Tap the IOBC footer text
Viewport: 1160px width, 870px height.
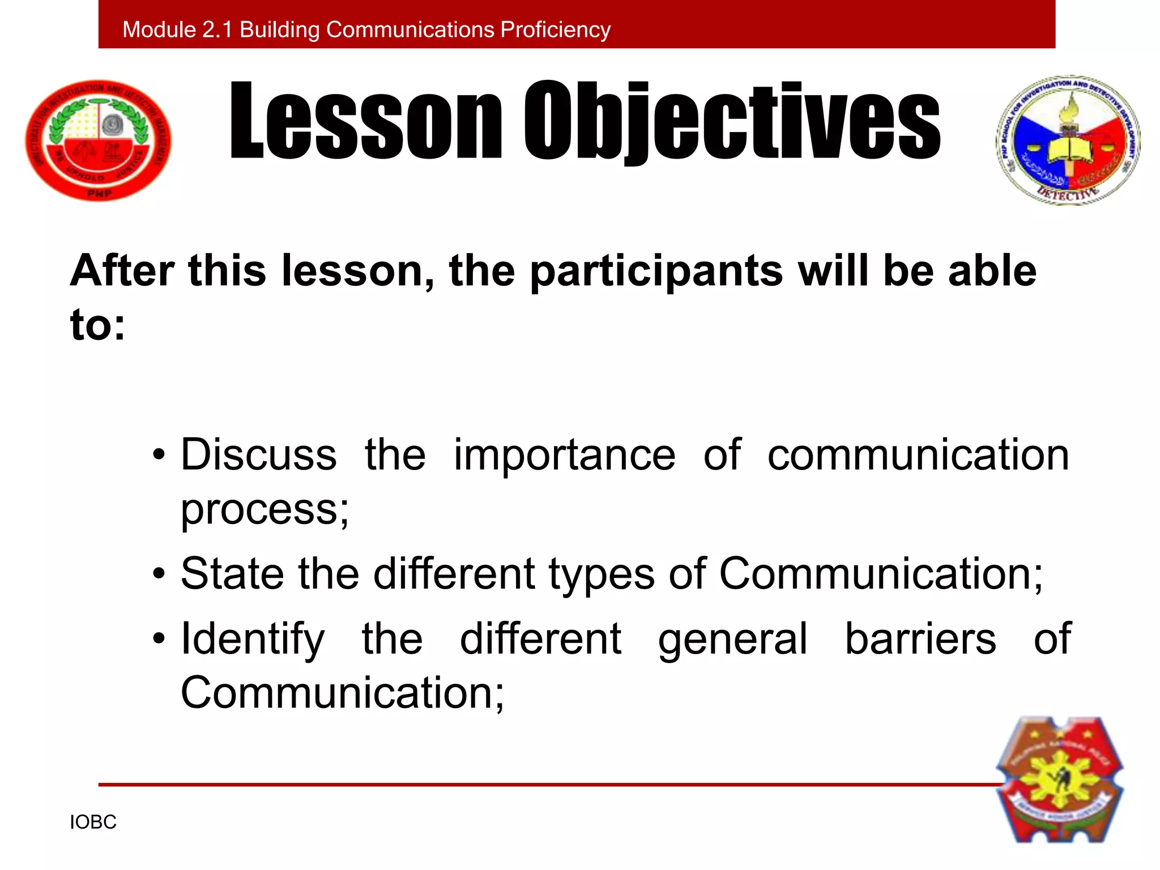point(93,822)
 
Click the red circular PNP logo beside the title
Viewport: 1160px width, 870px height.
point(99,140)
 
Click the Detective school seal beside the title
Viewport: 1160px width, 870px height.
point(1068,140)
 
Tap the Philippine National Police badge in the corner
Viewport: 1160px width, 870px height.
point(1060,781)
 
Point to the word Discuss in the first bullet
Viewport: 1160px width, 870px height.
point(259,455)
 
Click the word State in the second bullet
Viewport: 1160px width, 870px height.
point(232,574)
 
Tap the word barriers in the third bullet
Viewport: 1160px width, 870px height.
point(920,639)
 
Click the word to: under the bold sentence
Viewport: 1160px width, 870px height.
point(97,326)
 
